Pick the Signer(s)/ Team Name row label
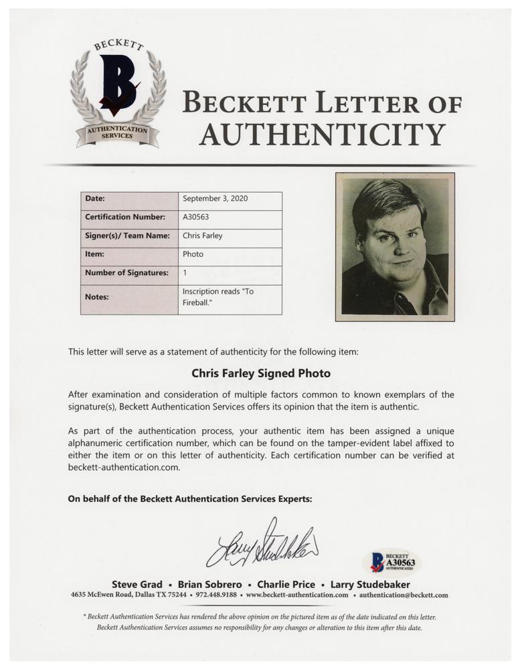click(127, 235)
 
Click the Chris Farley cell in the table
click(203, 235)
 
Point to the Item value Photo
click(193, 254)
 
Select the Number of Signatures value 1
click(185, 272)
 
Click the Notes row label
click(97, 296)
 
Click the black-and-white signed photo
click(394, 246)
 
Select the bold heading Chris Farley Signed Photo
click(261, 373)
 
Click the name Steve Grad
click(137, 584)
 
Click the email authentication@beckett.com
click(404, 595)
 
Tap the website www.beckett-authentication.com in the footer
click(297, 595)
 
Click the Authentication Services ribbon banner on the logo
click(117, 132)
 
